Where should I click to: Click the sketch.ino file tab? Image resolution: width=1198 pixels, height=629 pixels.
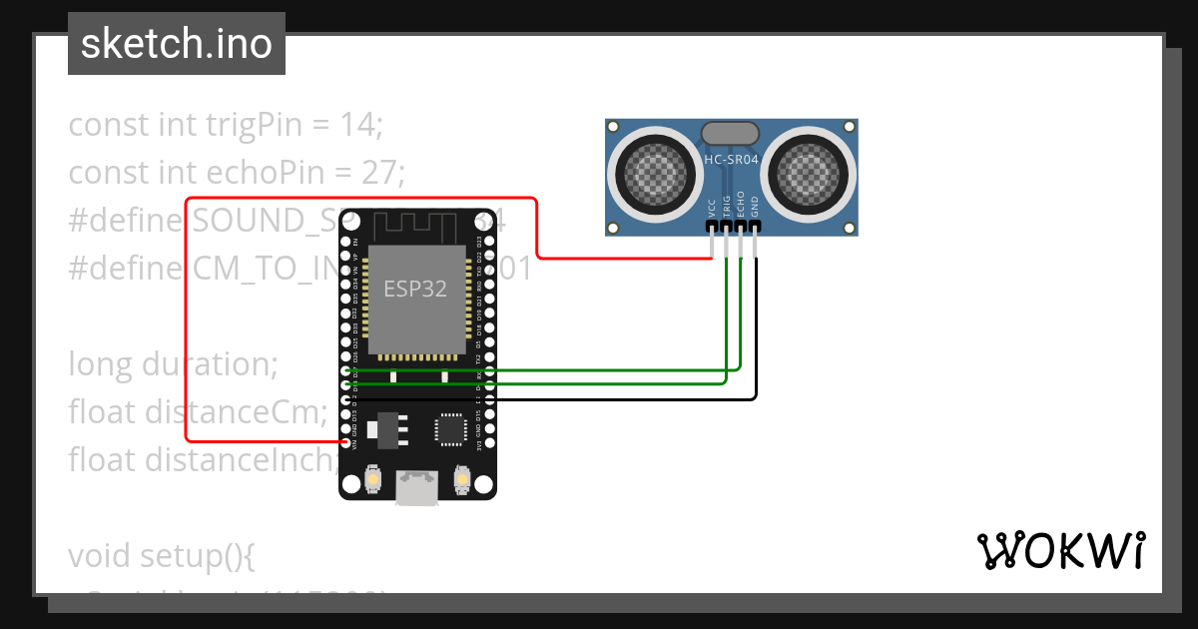[176, 44]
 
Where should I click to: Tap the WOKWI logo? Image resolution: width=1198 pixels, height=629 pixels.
[1059, 550]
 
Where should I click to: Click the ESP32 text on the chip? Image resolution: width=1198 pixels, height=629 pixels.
[415, 289]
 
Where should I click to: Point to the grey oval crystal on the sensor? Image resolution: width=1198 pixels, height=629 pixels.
[732, 134]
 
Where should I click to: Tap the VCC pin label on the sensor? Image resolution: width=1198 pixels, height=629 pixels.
[712, 208]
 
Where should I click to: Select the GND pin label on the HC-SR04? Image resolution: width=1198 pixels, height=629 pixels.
[755, 207]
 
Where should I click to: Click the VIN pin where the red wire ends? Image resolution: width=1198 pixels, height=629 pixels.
[345, 441]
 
